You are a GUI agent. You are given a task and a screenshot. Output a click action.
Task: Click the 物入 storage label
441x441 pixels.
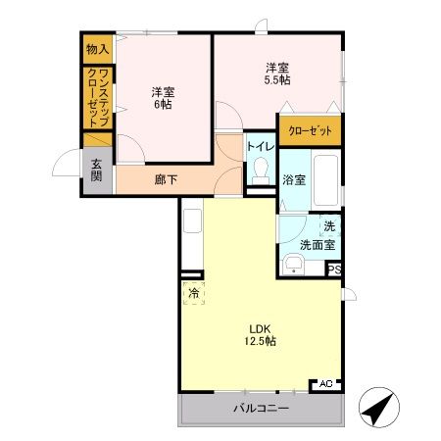point(96,49)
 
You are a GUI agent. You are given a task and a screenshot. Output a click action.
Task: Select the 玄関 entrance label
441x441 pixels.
point(97,171)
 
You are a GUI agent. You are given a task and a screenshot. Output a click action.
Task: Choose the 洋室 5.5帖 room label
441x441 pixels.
point(277,73)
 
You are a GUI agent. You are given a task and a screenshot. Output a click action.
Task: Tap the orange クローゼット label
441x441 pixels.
point(309,130)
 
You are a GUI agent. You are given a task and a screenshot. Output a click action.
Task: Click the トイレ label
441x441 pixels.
point(260,146)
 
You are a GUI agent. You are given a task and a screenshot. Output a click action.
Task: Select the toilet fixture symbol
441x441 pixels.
point(260,174)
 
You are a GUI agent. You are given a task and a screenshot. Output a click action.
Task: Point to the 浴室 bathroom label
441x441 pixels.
point(294,180)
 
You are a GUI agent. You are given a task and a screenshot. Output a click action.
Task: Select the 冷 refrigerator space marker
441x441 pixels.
point(194,292)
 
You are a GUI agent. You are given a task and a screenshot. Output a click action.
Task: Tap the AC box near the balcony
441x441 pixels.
point(325,384)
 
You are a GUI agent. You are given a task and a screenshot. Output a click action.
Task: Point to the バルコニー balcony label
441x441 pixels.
point(261,409)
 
